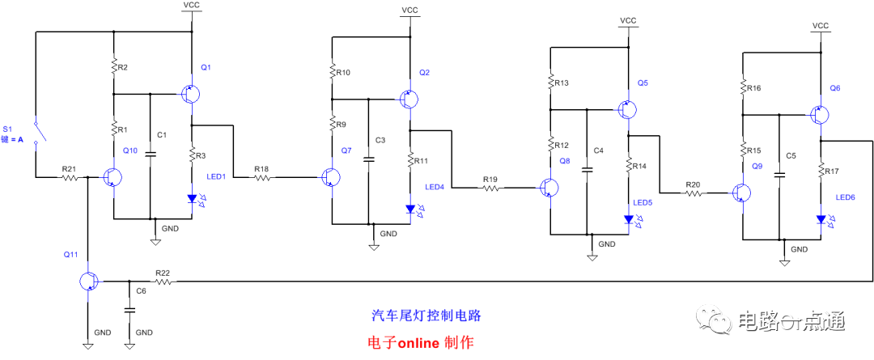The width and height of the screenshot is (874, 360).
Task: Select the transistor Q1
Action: pos(191,94)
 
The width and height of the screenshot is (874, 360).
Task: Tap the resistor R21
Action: pos(70,178)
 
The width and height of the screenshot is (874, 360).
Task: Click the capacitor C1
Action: pos(151,154)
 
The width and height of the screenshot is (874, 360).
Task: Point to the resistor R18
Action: pos(261,177)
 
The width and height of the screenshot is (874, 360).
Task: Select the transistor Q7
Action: pos(329,178)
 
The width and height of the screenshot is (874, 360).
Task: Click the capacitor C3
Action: pos(369,159)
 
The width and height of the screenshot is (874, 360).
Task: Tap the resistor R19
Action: pos(490,188)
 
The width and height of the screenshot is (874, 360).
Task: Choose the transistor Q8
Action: pos(550,188)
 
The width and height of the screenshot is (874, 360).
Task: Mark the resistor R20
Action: pos(692,193)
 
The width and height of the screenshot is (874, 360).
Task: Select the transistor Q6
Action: pos(819,115)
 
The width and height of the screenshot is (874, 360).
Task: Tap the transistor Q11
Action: pos(88,281)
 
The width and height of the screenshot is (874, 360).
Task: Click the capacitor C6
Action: pos(128,310)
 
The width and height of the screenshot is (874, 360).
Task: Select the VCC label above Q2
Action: pos(409,11)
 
